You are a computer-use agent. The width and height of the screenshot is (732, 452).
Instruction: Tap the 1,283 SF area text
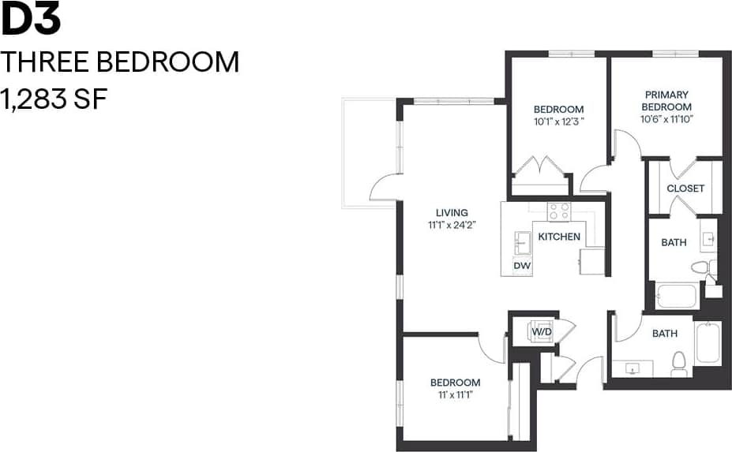pyautogui.click(x=54, y=99)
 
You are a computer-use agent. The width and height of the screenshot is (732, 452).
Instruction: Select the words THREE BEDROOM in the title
pyautogui.click(x=120, y=62)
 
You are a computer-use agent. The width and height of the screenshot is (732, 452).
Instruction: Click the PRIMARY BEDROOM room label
pyautogui.click(x=666, y=101)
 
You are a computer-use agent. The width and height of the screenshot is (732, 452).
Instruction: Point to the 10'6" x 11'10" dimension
pyautogui.click(x=666, y=119)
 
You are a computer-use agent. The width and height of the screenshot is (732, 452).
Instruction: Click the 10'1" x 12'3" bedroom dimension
pyautogui.click(x=558, y=121)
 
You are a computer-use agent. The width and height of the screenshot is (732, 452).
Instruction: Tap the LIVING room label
pyautogui.click(x=452, y=212)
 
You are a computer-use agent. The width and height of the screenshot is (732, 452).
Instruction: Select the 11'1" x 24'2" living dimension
pyautogui.click(x=452, y=225)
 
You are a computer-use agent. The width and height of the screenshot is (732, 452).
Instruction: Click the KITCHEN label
pyautogui.click(x=559, y=237)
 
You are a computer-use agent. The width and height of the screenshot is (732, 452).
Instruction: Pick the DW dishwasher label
pyautogui.click(x=522, y=266)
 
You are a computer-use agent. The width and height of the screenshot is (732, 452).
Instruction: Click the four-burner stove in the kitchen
pyautogui.click(x=560, y=211)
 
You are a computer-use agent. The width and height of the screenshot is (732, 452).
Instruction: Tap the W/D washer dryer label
pyautogui.click(x=542, y=332)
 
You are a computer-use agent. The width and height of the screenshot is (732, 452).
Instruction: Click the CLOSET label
pyautogui.click(x=685, y=189)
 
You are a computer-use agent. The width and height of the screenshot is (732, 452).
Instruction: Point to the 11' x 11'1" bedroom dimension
pyautogui.click(x=456, y=394)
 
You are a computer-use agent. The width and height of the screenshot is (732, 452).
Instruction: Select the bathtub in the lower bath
pyautogui.click(x=708, y=342)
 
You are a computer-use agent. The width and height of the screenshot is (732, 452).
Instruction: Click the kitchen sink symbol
pyautogui.click(x=522, y=241)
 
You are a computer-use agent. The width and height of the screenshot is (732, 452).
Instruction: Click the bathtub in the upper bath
pyautogui.click(x=676, y=297)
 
